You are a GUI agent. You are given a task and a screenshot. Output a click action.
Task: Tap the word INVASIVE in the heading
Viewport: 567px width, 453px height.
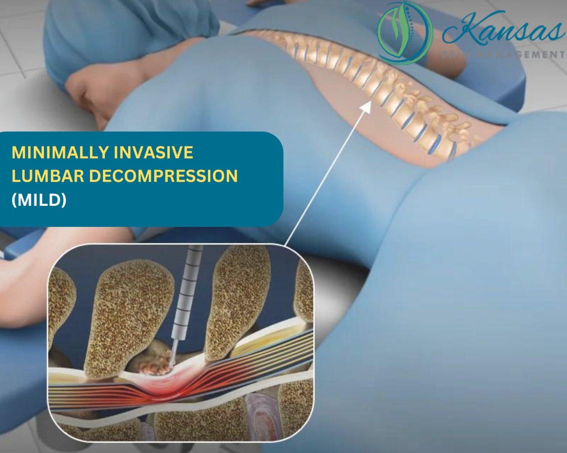point(153,153)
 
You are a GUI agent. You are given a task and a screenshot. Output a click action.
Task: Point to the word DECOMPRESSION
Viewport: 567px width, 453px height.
point(163,176)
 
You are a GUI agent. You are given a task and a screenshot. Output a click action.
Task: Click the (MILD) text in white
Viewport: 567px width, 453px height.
point(39,200)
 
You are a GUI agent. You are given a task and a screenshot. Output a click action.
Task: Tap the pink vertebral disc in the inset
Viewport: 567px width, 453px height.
point(260,417)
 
